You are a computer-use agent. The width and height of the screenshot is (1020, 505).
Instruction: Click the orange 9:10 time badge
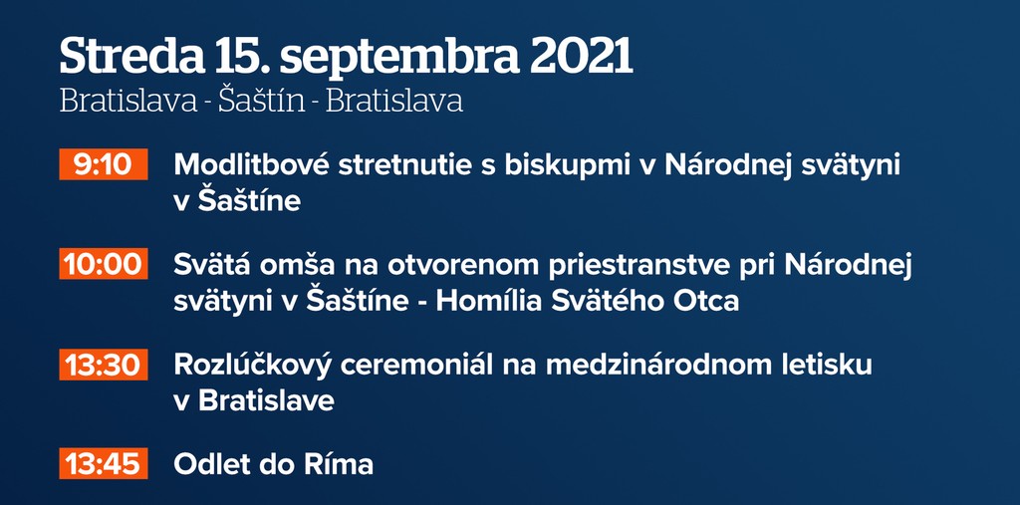[104, 164]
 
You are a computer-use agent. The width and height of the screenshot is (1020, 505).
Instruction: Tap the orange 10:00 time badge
[104, 264]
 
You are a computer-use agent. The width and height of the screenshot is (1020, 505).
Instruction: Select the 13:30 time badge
[104, 365]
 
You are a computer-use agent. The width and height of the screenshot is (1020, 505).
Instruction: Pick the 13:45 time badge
[104, 464]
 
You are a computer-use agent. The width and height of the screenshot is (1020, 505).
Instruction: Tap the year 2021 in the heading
[581, 57]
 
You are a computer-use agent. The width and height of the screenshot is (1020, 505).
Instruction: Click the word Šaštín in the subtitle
[262, 101]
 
